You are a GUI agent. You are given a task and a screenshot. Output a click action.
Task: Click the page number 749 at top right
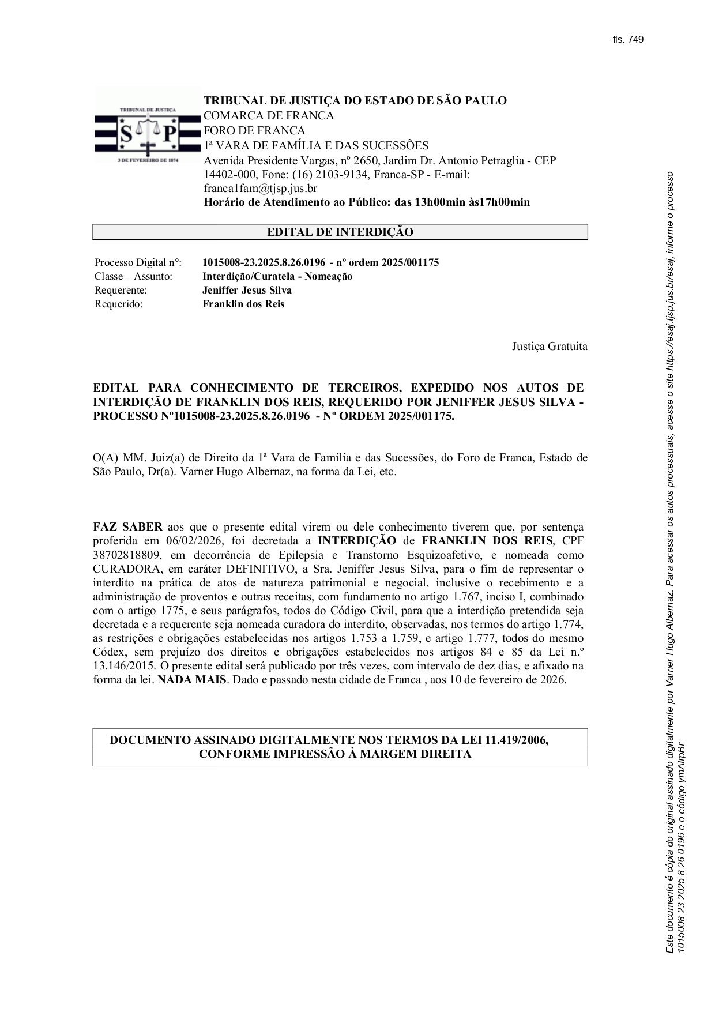pyautogui.click(x=635, y=40)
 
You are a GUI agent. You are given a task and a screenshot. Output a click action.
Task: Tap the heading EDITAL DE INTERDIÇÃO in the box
pyautogui.click(x=340, y=232)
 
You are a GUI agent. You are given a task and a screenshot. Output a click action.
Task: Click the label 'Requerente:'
pyautogui.click(x=121, y=291)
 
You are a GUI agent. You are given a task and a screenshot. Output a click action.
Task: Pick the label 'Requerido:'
pyautogui.click(x=118, y=304)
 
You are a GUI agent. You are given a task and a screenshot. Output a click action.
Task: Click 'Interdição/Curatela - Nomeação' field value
pyautogui.click(x=277, y=277)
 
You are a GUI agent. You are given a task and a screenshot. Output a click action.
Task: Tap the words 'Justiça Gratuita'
pyautogui.click(x=550, y=347)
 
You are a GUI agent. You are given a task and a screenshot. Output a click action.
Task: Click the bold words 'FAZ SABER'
pyautogui.click(x=127, y=527)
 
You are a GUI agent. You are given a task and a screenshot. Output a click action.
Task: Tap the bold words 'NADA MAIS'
pyautogui.click(x=192, y=680)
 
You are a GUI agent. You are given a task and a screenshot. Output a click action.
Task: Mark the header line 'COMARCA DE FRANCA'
pyautogui.click(x=269, y=116)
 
